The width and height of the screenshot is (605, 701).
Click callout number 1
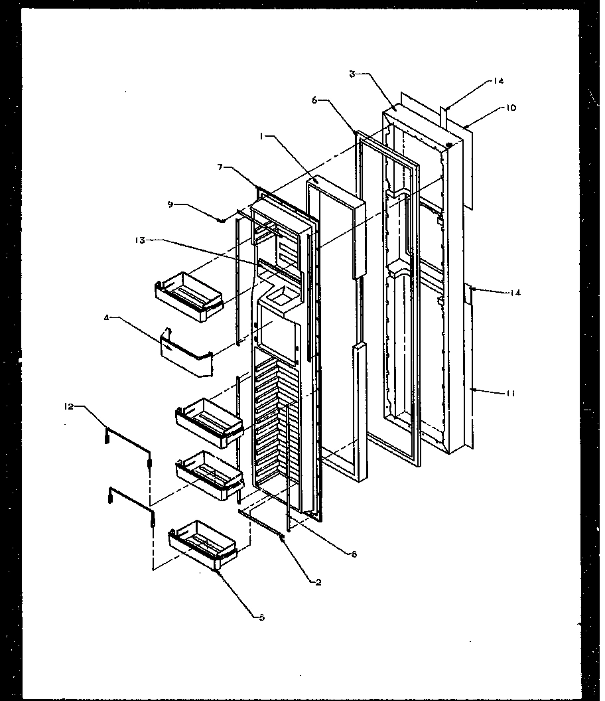click(x=263, y=136)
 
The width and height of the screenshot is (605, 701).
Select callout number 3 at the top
click(x=352, y=74)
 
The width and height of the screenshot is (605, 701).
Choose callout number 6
click(x=314, y=99)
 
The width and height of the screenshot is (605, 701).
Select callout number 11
click(x=510, y=394)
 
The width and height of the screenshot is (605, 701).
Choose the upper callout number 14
click(x=498, y=81)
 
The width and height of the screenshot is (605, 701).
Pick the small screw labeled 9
click(x=225, y=220)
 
